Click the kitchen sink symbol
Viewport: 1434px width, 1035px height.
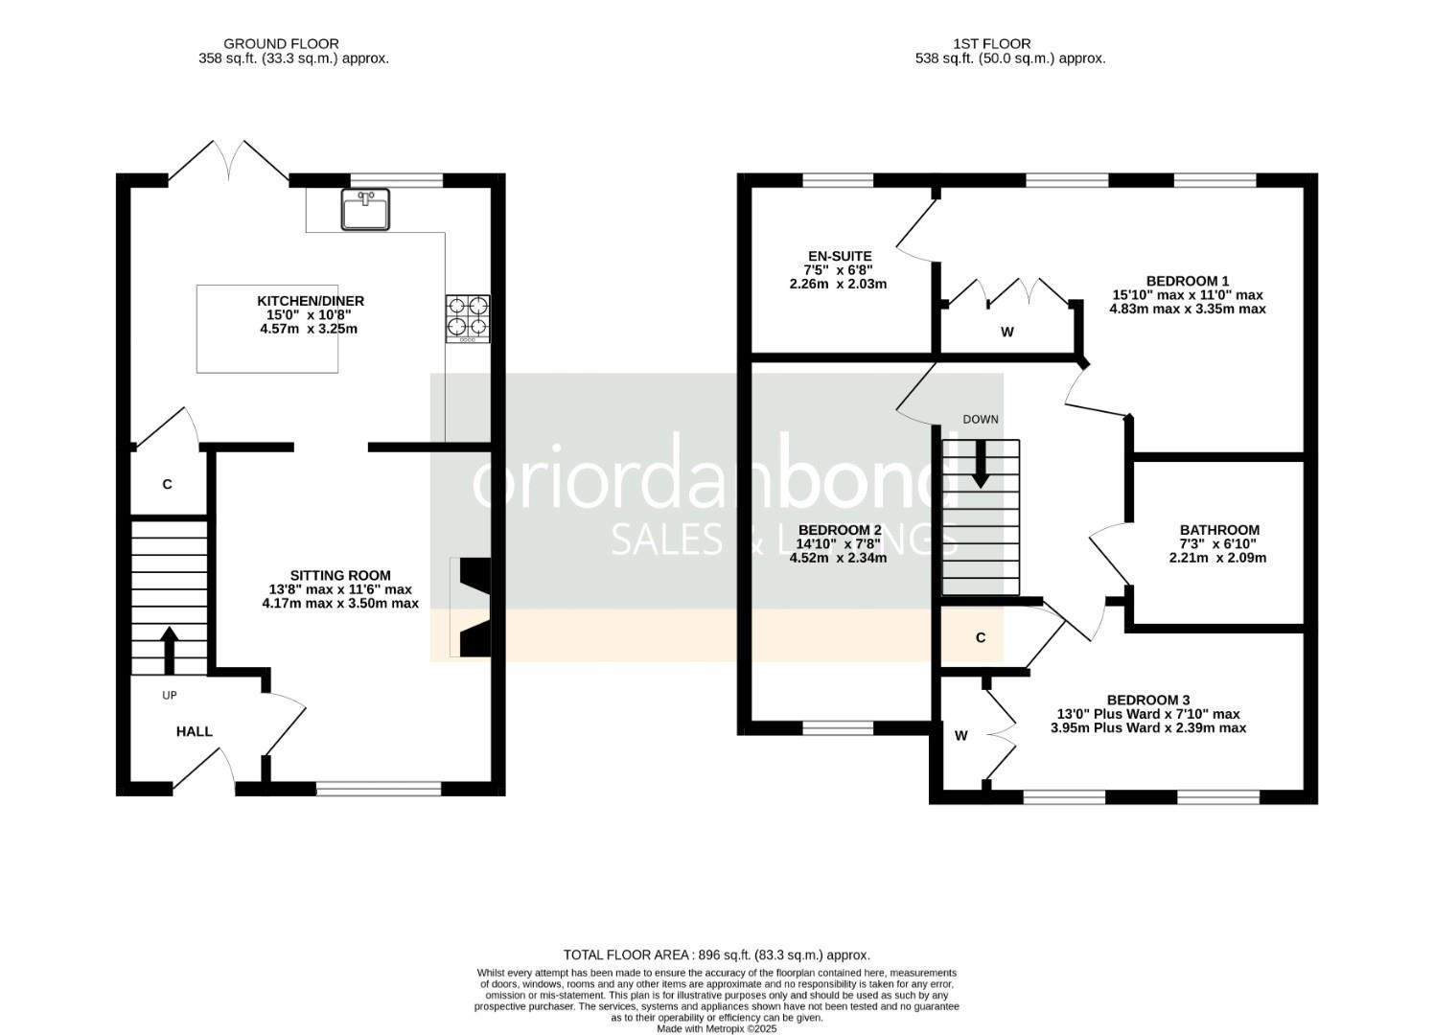pyautogui.click(x=365, y=210)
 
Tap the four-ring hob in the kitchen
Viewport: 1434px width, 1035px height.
pyautogui.click(x=467, y=318)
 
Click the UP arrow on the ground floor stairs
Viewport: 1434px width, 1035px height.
pyautogui.click(x=169, y=651)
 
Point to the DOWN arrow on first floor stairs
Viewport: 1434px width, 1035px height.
pyautogui.click(x=981, y=465)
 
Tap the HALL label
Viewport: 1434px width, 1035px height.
pyautogui.click(x=194, y=731)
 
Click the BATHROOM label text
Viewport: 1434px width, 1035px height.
pyautogui.click(x=1219, y=530)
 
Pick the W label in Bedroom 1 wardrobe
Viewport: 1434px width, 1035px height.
pyautogui.click(x=1006, y=333)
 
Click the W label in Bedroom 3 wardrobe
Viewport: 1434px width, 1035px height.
pyautogui.click(x=960, y=736)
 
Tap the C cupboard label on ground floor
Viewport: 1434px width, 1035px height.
pyautogui.click(x=167, y=485)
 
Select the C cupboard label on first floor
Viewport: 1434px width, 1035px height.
pyautogui.click(x=980, y=638)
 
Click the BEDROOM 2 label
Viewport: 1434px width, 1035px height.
pyautogui.click(x=839, y=530)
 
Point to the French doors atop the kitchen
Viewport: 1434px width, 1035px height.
pyautogui.click(x=229, y=161)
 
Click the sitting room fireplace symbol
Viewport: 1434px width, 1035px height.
pyautogui.click(x=474, y=608)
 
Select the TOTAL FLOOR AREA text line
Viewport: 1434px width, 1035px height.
pyautogui.click(x=716, y=954)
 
